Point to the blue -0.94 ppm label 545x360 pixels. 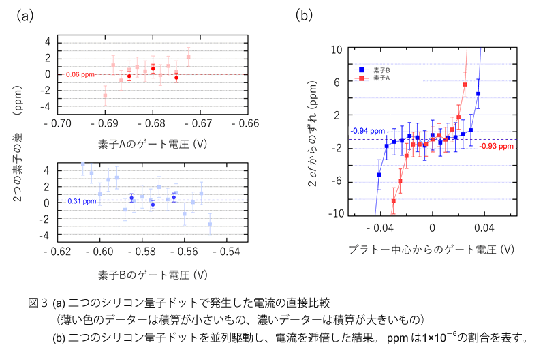[x=368, y=130]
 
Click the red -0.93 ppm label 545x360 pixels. [x=496, y=145]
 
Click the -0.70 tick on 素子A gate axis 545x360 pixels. [x=57, y=125]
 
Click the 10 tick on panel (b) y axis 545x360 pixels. [x=337, y=50]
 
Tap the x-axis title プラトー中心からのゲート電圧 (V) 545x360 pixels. [x=431, y=250]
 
